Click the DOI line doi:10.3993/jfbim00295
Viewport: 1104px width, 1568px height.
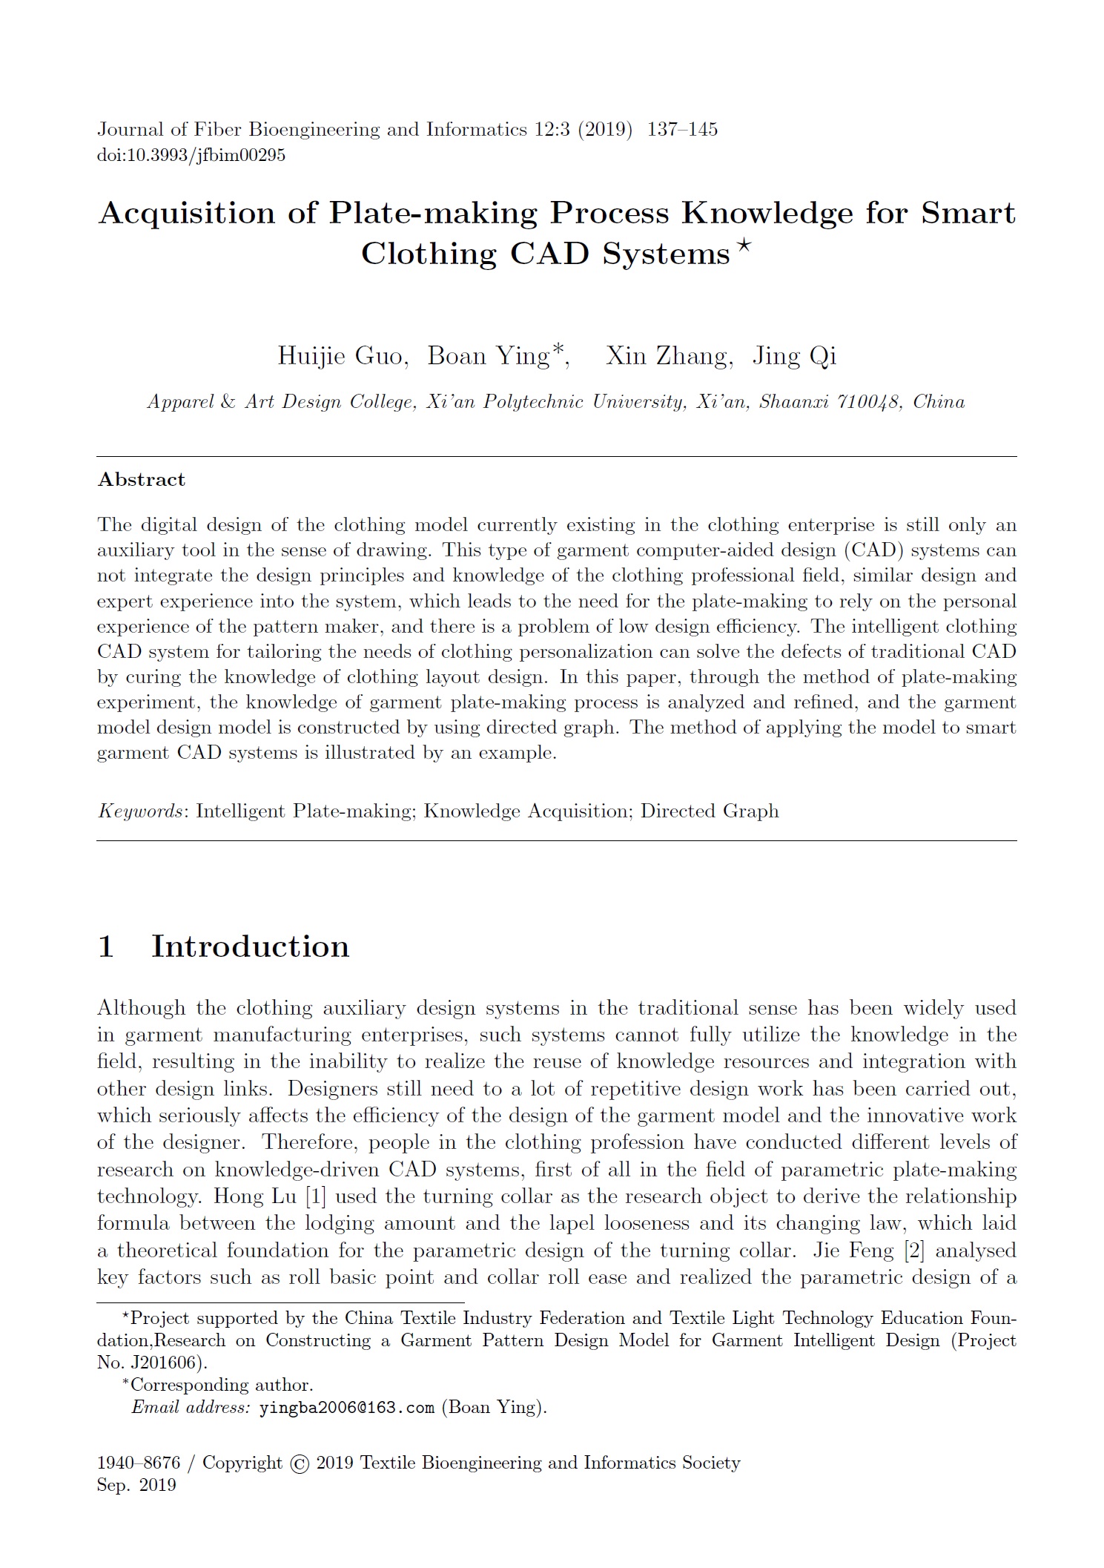[x=191, y=156]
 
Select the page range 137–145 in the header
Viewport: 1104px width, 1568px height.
[x=682, y=130]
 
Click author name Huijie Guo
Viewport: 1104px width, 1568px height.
[x=342, y=356]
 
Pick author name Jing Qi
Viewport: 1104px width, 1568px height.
[x=794, y=356]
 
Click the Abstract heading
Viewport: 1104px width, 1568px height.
[x=141, y=480]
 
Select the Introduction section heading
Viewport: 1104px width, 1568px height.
[x=250, y=947]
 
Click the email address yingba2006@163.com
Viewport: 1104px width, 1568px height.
[x=346, y=1407]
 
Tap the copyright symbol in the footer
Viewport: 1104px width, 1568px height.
[x=300, y=1463]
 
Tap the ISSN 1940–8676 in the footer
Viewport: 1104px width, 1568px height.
[x=139, y=1463]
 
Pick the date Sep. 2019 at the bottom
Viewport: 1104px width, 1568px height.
[x=136, y=1486]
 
